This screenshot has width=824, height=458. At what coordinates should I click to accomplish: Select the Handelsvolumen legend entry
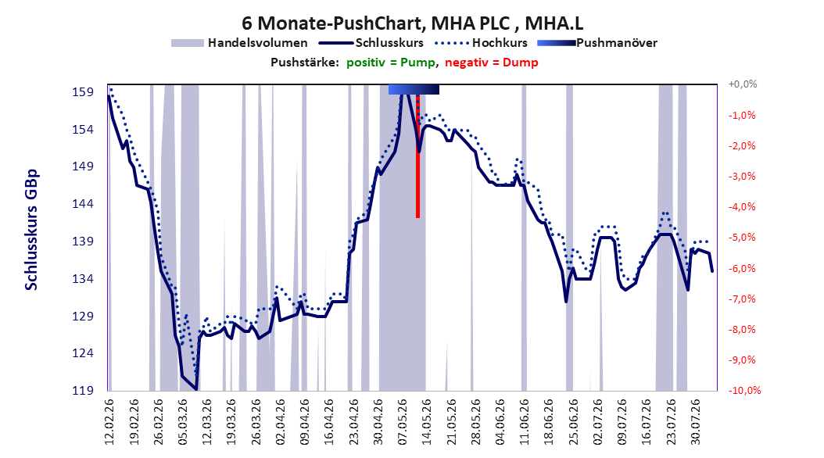240,43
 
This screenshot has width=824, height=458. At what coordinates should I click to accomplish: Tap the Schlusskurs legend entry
371,43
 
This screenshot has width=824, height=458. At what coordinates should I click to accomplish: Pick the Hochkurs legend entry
482,43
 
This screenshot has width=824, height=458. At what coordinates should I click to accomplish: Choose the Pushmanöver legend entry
597,43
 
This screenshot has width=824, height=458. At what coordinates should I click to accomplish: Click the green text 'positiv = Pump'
390,63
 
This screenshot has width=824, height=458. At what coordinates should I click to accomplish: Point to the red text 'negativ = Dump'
492,63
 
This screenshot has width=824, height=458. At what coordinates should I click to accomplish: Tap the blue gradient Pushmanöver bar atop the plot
414,89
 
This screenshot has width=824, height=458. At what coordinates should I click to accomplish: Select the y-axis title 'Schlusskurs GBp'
31,230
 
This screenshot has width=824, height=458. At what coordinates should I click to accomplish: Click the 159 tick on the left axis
83,92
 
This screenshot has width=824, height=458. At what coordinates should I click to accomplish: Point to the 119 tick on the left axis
83,391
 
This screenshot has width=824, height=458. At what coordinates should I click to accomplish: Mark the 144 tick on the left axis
83,204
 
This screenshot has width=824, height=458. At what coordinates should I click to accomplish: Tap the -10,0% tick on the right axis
744,391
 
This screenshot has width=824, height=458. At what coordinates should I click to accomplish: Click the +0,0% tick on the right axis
743,84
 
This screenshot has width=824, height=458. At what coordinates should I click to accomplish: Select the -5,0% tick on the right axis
742,238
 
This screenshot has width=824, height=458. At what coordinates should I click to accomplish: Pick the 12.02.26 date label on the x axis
109,422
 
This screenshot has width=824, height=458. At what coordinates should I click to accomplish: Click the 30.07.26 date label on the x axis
695,422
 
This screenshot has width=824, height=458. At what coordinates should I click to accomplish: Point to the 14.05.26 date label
427,422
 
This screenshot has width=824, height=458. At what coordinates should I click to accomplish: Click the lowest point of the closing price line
196,389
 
